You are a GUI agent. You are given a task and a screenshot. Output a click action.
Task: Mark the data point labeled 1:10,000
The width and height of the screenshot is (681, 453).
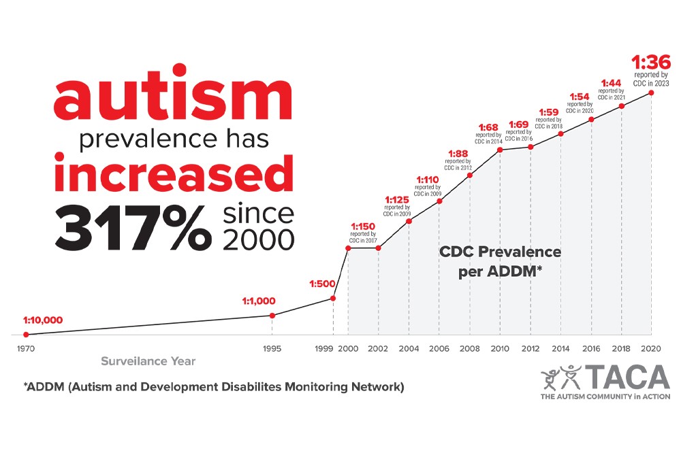[26, 334]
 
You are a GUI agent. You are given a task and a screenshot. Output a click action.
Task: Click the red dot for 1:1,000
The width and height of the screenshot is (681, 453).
[272, 315]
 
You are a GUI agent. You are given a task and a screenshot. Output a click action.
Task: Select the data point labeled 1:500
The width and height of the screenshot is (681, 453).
[333, 298]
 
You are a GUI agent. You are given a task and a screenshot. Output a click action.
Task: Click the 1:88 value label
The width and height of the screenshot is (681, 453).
[459, 152]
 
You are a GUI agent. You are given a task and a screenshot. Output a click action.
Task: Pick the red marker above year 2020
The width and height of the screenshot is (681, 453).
[652, 93]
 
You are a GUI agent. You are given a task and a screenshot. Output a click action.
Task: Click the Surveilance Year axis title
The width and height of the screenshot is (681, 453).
[149, 361]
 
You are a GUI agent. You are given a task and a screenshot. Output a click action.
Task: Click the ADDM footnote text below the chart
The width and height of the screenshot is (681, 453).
[214, 388]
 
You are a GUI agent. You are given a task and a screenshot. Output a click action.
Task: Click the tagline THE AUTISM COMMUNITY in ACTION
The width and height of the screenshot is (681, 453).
[605, 397]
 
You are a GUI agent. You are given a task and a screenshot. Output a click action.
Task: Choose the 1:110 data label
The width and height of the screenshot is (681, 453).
[428, 180]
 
